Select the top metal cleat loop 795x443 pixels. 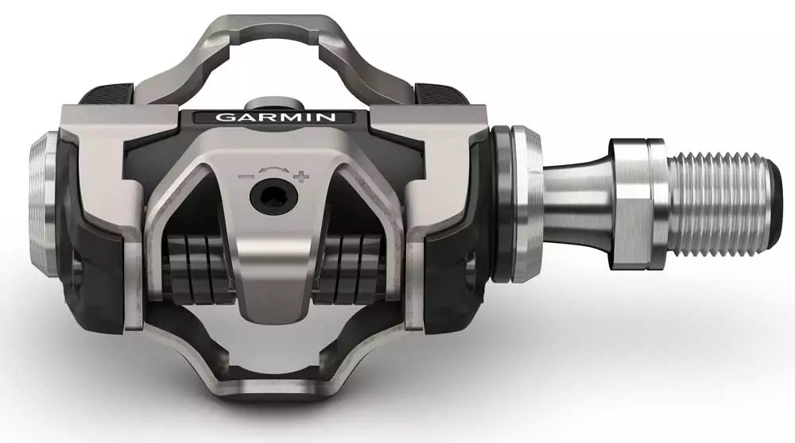click(x=270, y=36)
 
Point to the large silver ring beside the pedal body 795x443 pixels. click(x=525, y=203)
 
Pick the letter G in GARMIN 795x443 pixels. click(x=224, y=117)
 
